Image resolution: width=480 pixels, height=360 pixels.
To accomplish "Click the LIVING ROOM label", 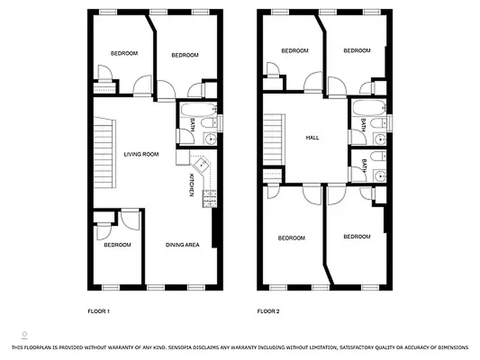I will click(x=141, y=154).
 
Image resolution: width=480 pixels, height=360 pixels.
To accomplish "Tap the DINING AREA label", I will click(x=182, y=245).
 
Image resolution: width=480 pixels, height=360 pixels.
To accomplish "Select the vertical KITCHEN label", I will click(x=192, y=184).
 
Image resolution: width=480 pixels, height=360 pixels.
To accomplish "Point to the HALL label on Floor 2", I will click(x=312, y=138).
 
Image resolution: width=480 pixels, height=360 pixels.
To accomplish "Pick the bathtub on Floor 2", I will click(x=369, y=108).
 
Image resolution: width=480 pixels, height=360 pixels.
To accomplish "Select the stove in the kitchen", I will click(x=209, y=198).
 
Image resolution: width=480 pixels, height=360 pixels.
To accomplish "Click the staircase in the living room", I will click(x=103, y=153).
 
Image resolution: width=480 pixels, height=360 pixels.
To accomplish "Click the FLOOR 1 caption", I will click(x=98, y=311).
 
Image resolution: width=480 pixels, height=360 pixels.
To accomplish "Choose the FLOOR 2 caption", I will click(x=268, y=311).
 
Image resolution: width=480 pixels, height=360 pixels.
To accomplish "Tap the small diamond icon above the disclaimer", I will click(x=24, y=334).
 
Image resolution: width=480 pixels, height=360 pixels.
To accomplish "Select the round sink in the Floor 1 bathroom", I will click(x=210, y=139).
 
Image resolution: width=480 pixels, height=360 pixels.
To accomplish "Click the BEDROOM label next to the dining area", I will click(x=117, y=245).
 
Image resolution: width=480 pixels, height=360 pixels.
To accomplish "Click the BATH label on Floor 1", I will click(x=192, y=123).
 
